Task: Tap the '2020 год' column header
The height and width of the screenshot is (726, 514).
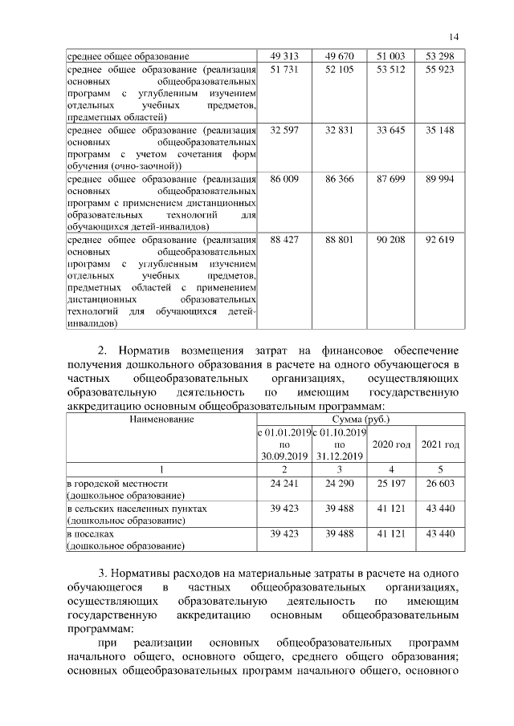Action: (391, 444)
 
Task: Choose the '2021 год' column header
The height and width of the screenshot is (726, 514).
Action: (440, 444)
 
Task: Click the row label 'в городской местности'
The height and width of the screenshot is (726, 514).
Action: (117, 484)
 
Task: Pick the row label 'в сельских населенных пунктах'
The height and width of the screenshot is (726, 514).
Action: (137, 509)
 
